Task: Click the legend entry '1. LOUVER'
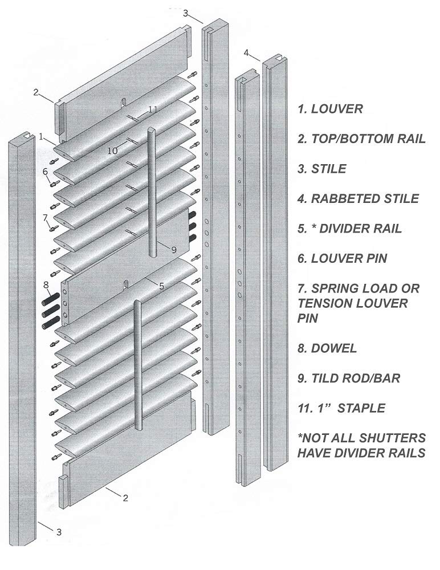click(x=330, y=109)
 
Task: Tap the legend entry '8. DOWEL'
click(x=327, y=348)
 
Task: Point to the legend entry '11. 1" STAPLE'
click(x=341, y=408)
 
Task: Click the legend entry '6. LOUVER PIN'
click(x=342, y=259)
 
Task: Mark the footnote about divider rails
click(x=361, y=445)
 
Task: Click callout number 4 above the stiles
click(x=246, y=52)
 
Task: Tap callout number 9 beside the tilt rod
click(x=174, y=249)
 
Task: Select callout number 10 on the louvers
click(x=112, y=150)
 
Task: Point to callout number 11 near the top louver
click(x=152, y=109)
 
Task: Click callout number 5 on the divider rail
click(x=161, y=286)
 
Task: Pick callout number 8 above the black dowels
click(x=46, y=284)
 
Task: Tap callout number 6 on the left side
click(x=45, y=171)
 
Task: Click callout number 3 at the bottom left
click(x=58, y=532)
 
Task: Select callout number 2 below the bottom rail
click(x=125, y=498)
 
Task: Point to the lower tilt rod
click(x=137, y=365)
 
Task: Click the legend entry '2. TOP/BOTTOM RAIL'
click(x=361, y=139)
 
